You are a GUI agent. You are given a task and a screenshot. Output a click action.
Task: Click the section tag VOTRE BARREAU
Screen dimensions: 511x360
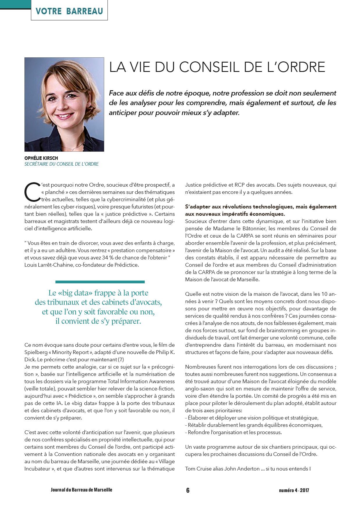pyautogui.click(x=69, y=11)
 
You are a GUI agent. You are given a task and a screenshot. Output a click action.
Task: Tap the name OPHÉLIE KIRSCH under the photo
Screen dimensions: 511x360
pyautogui.click(x=41, y=158)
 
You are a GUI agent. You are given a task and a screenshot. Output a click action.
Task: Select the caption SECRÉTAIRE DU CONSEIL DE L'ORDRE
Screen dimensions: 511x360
pyautogui.click(x=61, y=164)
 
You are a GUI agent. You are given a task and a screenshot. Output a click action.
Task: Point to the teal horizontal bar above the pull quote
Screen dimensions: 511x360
pyautogui.click(x=100, y=282)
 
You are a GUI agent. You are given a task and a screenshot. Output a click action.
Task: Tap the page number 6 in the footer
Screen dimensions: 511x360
pyautogui.click(x=188, y=490)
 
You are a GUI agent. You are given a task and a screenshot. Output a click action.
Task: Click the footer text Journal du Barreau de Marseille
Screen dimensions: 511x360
pyautogui.click(x=81, y=490)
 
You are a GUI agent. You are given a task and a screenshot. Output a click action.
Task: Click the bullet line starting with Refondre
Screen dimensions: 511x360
pyautogui.click(x=233, y=432)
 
